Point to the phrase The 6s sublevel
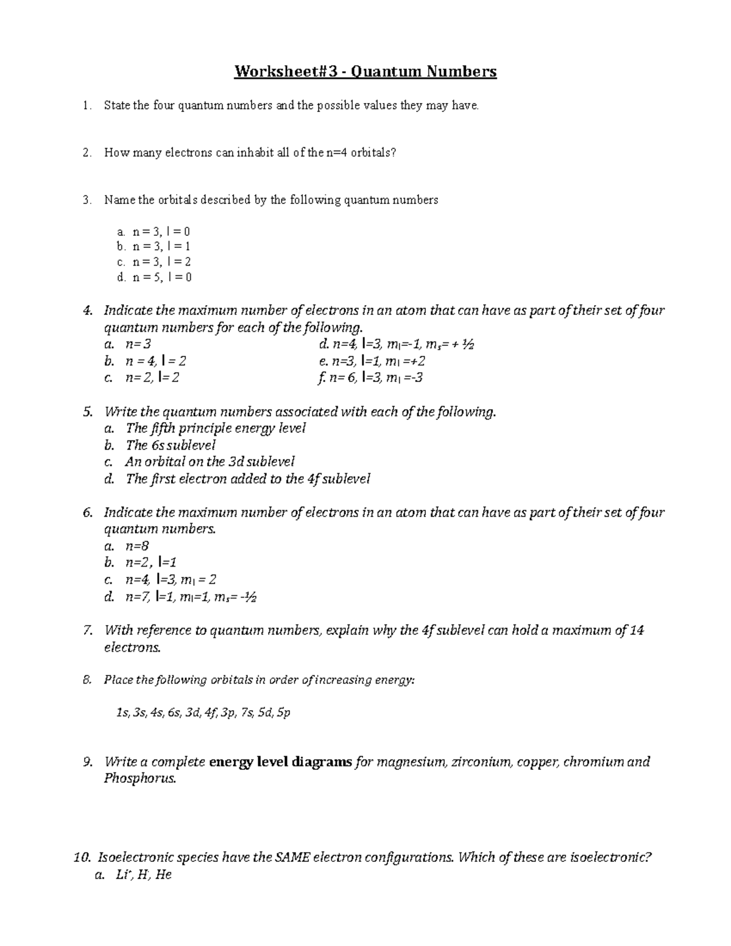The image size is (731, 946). [x=171, y=445]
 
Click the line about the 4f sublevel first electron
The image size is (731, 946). [x=247, y=479]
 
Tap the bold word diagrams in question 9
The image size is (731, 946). [x=322, y=761]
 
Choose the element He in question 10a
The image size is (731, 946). [x=164, y=875]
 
